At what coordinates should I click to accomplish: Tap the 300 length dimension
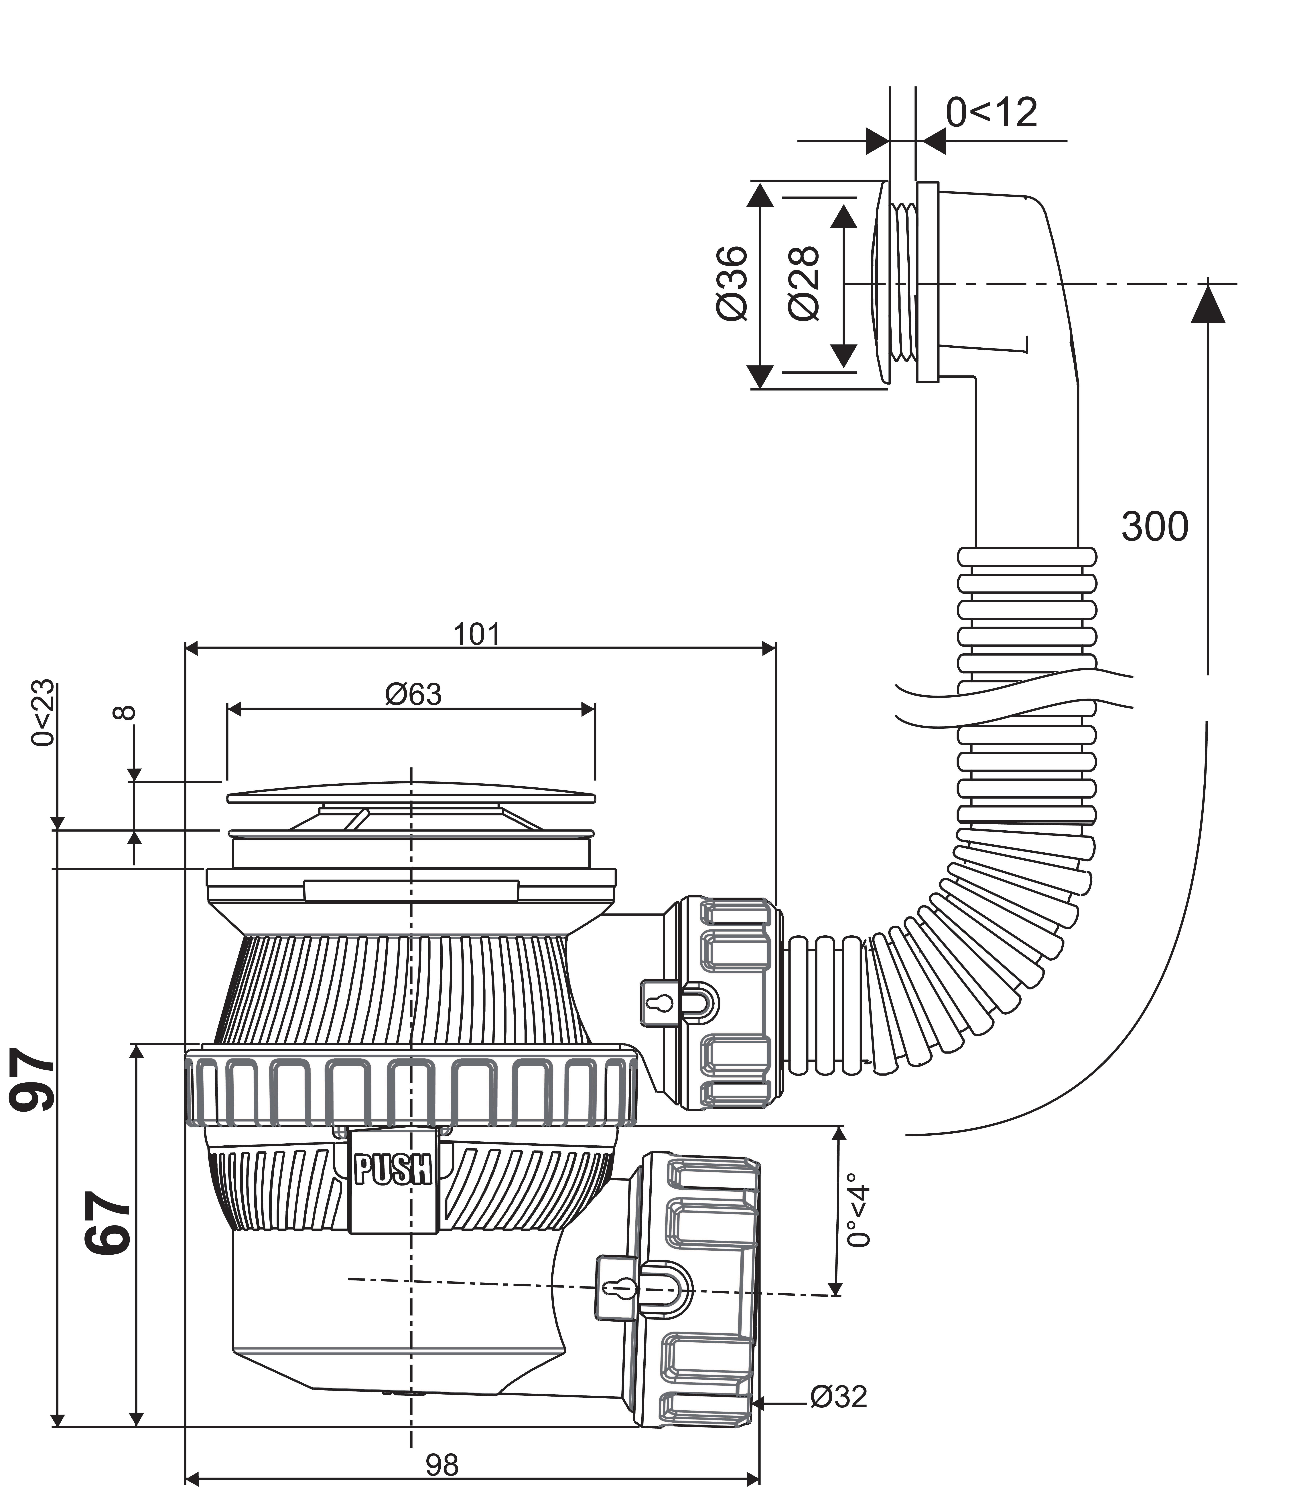pyautogui.click(x=1155, y=526)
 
